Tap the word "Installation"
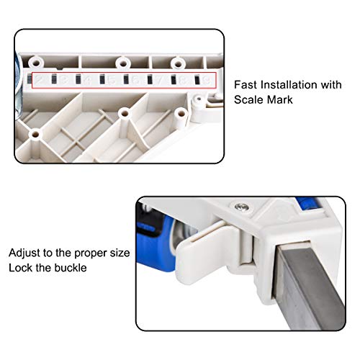[x=289, y=85]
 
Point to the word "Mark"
[x=279, y=100]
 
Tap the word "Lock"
[x=20, y=268]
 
